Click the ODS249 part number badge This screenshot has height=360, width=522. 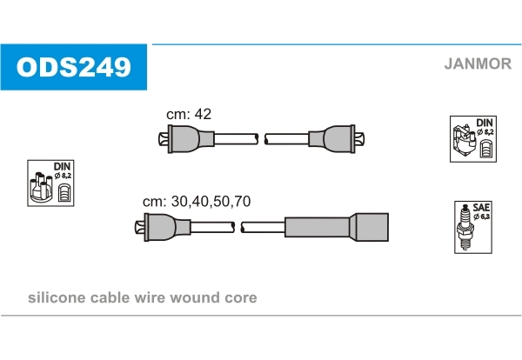click(73, 65)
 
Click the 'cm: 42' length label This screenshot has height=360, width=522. click(189, 114)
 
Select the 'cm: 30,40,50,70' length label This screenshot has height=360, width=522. click(197, 201)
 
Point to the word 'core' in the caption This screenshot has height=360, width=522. click(241, 298)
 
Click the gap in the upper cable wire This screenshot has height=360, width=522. click(262, 138)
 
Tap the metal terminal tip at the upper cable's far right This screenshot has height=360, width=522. click(367, 138)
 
